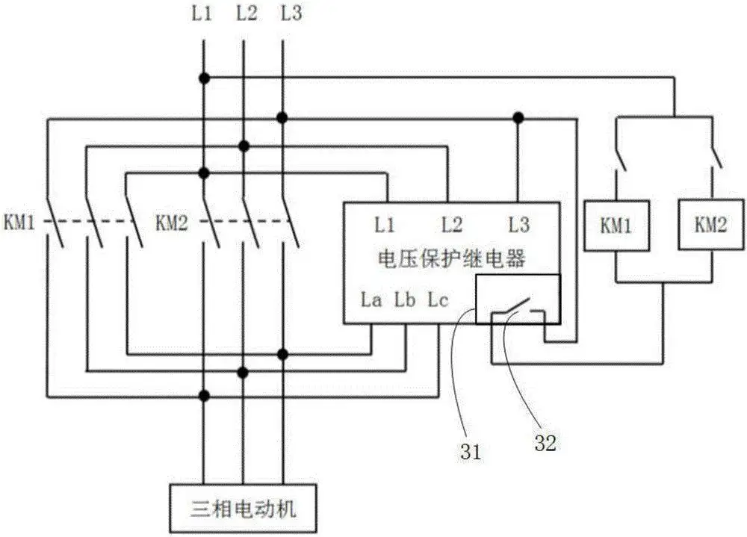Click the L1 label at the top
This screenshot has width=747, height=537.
tap(202, 13)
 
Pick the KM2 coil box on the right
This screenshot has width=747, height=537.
tap(710, 225)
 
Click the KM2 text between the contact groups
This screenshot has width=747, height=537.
tap(173, 222)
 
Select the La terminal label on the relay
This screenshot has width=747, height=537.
tap(371, 301)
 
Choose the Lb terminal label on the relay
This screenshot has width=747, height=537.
tap(404, 301)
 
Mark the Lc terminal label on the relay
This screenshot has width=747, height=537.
tap(438, 301)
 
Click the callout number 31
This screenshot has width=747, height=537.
tap(471, 451)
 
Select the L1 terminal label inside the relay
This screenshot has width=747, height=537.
tap(385, 223)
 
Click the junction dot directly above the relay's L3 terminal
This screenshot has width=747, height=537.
tap(517, 117)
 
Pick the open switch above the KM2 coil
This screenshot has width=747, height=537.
tap(713, 155)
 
